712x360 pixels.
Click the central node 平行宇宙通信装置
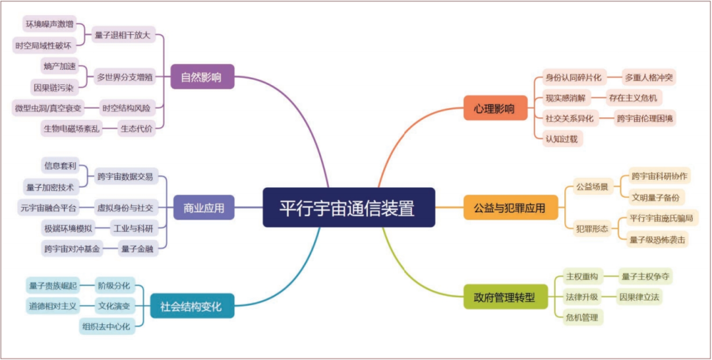(349, 208)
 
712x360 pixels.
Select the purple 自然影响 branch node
(202, 78)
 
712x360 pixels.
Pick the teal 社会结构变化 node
(191, 306)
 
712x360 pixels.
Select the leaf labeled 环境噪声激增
(49, 24)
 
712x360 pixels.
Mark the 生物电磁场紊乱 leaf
(72, 129)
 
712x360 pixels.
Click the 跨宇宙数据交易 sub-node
(125, 176)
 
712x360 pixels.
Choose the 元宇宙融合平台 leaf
(48, 208)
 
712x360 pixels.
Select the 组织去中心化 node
(107, 326)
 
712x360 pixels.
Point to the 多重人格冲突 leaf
(649, 77)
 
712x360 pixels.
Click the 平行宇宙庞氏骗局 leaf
(659, 218)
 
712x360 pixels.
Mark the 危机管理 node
(581, 318)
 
